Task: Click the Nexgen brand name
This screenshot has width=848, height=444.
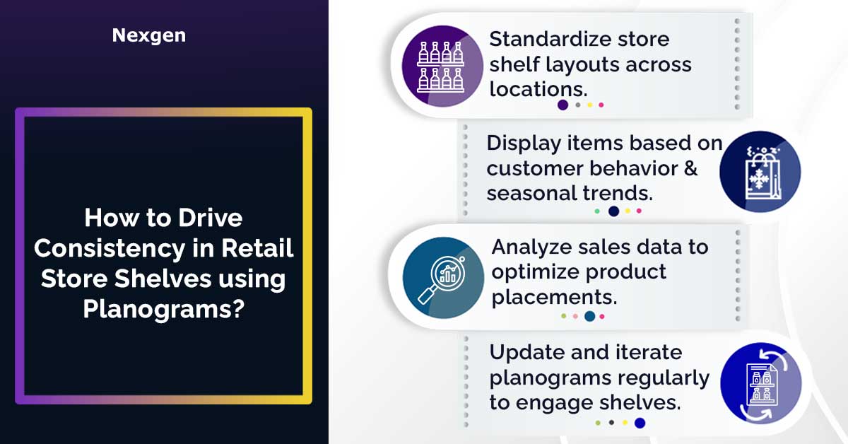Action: click(x=149, y=35)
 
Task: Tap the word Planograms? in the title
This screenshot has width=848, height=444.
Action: click(x=164, y=310)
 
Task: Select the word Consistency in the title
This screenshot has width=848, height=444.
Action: click(x=110, y=250)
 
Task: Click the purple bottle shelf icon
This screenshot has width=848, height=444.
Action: click(x=442, y=66)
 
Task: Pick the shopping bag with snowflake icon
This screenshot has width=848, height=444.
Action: click(x=760, y=172)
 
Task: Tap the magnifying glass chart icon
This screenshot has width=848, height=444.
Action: click(x=443, y=278)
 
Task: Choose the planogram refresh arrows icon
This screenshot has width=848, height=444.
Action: click(x=761, y=383)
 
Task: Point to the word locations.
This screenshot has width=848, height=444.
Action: click(x=538, y=89)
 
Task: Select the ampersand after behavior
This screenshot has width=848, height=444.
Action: click(x=691, y=168)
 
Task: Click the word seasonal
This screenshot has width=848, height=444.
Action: click(x=531, y=194)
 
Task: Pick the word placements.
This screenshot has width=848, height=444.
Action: click(x=554, y=298)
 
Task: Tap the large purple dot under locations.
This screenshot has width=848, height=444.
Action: click(x=563, y=105)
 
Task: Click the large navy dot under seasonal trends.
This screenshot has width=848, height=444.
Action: click(x=613, y=211)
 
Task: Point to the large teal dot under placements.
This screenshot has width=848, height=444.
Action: click(x=590, y=316)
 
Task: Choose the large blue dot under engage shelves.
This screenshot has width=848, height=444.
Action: click(x=640, y=423)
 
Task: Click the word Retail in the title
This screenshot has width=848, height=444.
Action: click(x=257, y=249)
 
